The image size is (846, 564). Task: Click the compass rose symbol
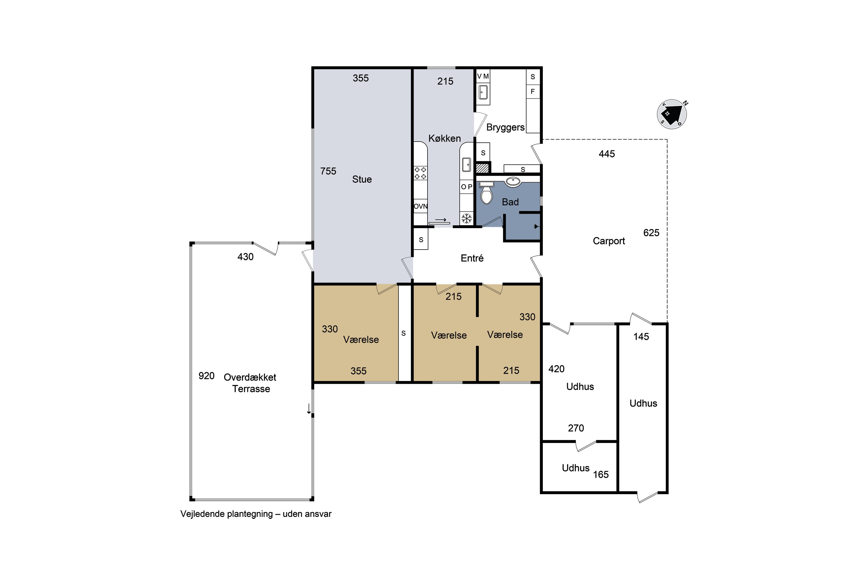click(672, 114)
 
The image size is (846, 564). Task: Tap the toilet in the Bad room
click(486, 193)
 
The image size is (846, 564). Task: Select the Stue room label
click(362, 179)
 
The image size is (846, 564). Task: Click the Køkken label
click(445, 138)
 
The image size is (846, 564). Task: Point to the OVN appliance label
click(420, 206)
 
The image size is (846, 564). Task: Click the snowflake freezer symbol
click(466, 218)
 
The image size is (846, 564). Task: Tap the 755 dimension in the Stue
click(328, 171)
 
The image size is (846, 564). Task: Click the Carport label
click(609, 241)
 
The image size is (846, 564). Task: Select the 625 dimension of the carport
click(651, 233)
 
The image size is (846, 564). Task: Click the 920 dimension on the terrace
click(206, 376)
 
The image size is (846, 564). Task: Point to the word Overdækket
click(250, 377)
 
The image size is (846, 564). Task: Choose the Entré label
click(472, 258)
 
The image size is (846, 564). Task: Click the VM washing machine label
click(483, 76)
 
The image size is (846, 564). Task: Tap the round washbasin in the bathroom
click(513, 182)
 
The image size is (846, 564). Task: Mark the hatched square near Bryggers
click(483, 168)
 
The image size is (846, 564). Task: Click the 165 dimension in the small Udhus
click(601, 474)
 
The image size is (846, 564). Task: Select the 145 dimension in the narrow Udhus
click(641, 337)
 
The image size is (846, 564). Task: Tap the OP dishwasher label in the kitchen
click(466, 187)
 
